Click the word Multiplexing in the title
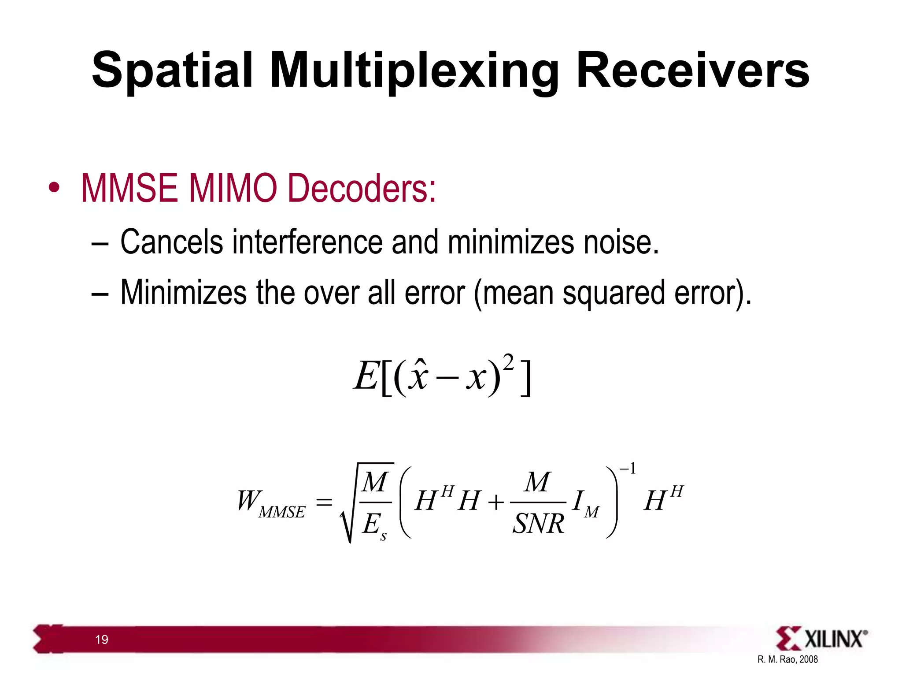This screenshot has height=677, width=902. [413, 71]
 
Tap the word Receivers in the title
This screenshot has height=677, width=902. [692, 71]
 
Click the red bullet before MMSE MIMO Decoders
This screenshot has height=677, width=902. [54, 188]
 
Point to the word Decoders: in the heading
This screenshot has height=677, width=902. [361, 188]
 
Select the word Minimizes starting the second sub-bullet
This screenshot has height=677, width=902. [183, 293]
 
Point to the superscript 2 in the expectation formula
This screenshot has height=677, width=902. [508, 363]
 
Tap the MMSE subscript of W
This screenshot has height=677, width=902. [282, 512]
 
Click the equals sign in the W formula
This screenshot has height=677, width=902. [324, 502]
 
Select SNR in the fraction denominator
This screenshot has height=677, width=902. [538, 524]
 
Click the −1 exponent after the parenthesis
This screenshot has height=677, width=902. [628, 469]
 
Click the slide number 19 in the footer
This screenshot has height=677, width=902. [102, 640]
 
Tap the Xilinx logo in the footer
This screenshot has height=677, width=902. [821, 639]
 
